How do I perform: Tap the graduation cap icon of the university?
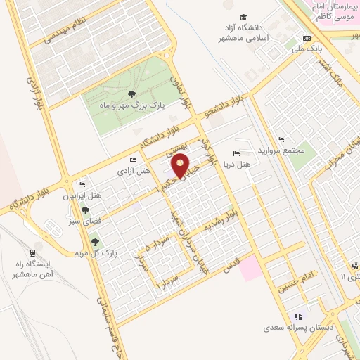click(x=243, y=17)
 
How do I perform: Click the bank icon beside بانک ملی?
click(x=306, y=39)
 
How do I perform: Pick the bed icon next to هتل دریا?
click(x=236, y=154)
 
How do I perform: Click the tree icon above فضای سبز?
click(x=85, y=209)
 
